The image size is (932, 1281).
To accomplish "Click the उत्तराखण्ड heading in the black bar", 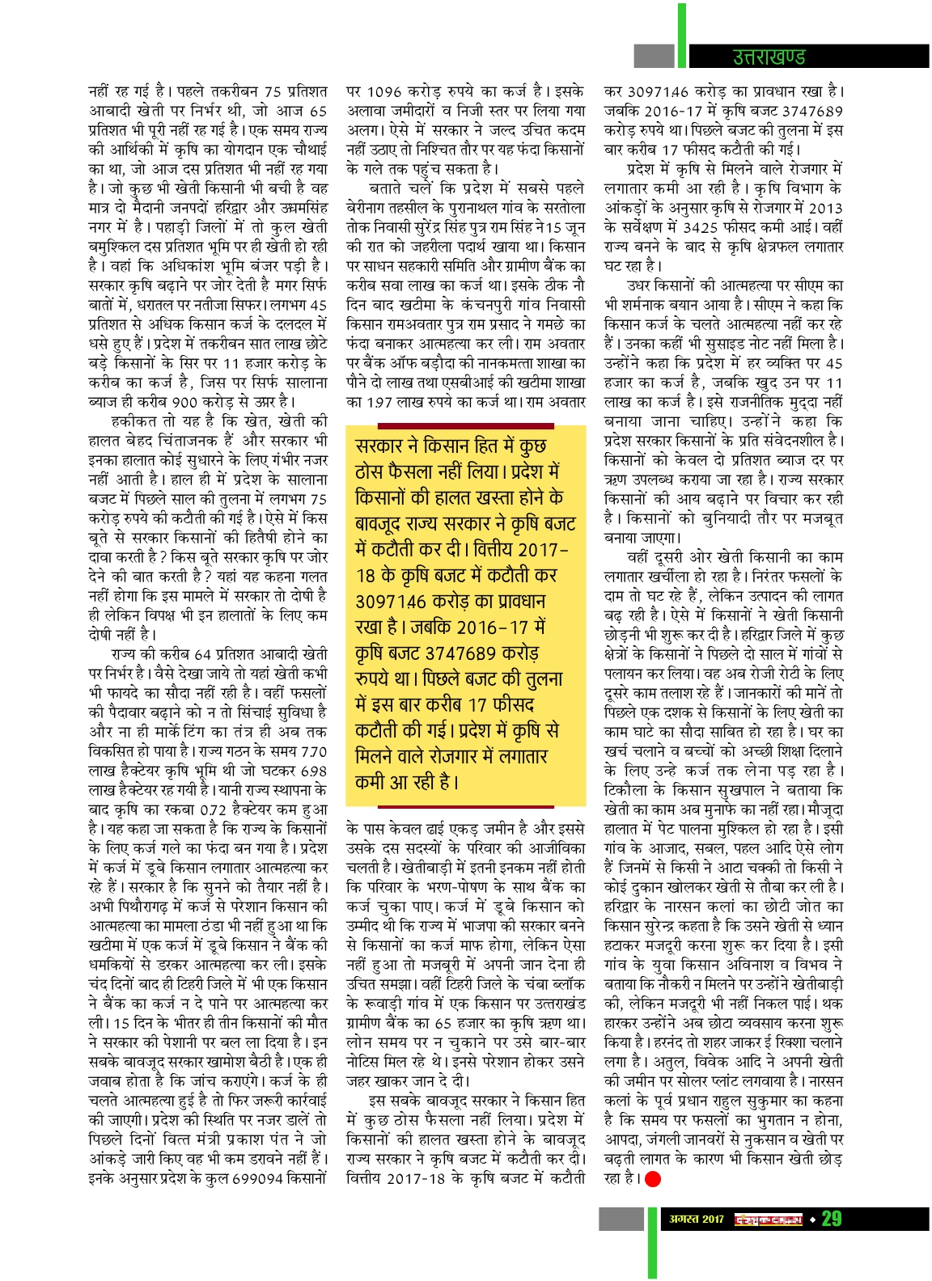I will [x=769, y=57].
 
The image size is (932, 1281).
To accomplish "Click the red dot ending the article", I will [x=653, y=1179].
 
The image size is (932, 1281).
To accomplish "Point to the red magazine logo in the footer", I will [x=768, y=1219].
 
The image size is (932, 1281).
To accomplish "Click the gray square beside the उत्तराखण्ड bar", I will [x=654, y=56].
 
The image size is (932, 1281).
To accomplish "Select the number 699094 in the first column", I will [x=260, y=1178].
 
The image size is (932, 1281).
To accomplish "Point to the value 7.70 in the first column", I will [x=313, y=751].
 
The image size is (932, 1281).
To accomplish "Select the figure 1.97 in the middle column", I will [x=379, y=402].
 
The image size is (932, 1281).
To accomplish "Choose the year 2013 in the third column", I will [x=825, y=208].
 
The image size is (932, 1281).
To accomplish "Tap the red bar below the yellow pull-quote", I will [x=465, y=803].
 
